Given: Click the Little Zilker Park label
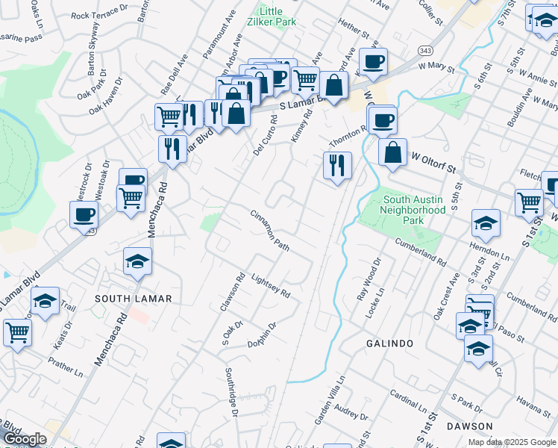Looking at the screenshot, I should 278,16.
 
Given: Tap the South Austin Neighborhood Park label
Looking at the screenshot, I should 414,205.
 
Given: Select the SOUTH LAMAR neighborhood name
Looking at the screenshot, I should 134,299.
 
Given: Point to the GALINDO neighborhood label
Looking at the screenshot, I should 389,343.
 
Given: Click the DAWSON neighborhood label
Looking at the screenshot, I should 471,426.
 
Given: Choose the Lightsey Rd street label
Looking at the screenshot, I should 270,284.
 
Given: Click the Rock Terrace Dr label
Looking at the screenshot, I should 101,15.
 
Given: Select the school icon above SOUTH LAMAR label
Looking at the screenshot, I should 137,261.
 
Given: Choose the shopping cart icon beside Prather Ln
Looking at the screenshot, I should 17,332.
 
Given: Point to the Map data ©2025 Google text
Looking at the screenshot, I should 512,442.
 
